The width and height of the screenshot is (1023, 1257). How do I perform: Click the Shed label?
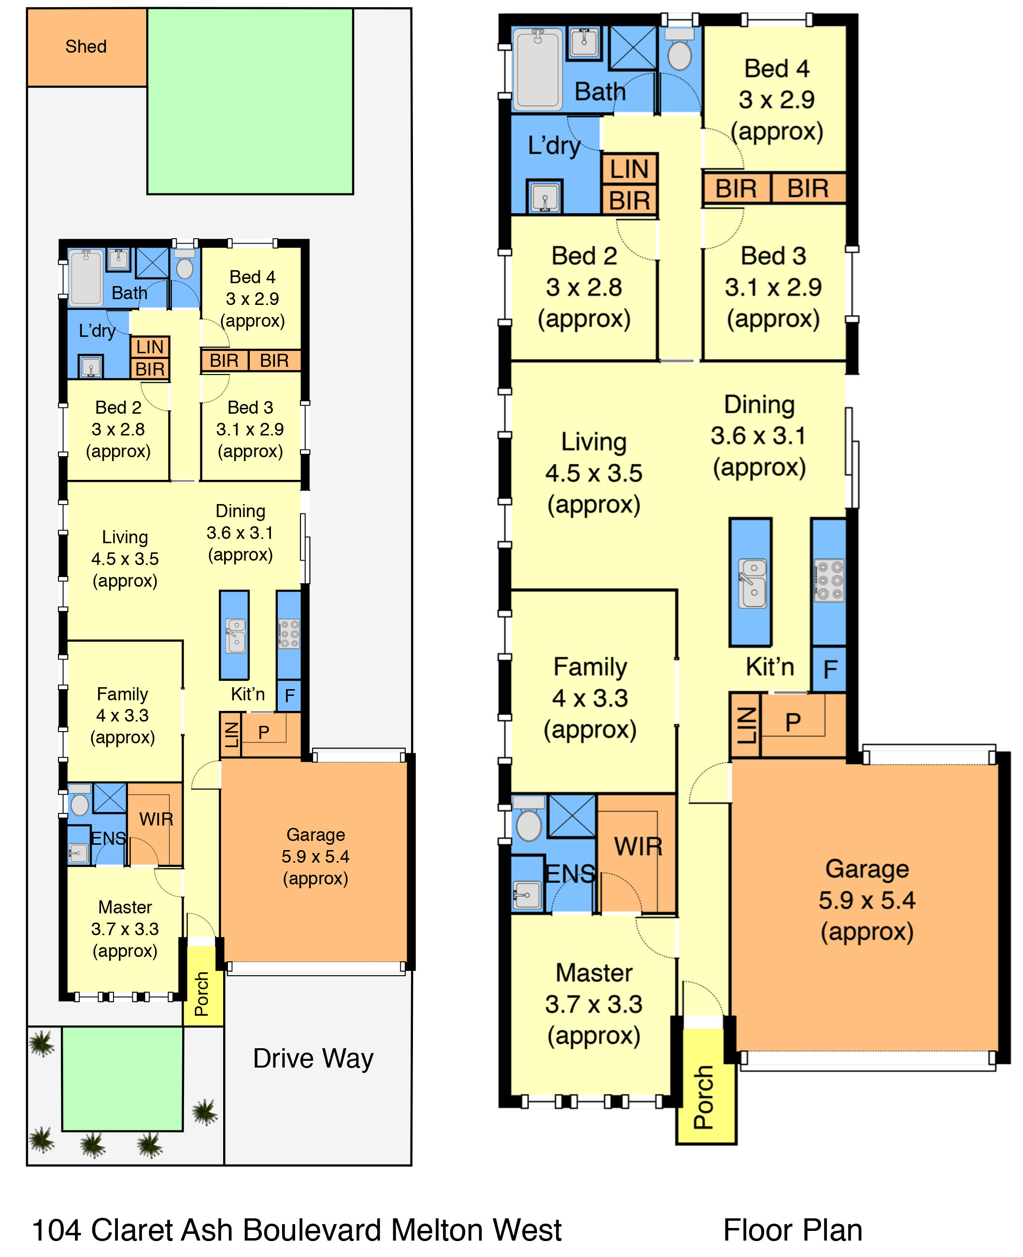tap(86, 46)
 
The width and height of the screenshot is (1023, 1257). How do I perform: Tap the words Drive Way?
tap(313, 1058)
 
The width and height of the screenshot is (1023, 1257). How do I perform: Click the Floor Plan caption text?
tap(793, 1230)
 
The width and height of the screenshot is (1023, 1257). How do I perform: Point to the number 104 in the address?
tap(56, 1230)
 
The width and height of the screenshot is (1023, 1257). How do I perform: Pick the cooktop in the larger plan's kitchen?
tap(829, 580)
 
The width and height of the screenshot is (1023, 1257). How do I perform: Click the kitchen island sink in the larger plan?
tap(753, 583)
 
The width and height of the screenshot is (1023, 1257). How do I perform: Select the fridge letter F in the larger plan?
tap(830, 670)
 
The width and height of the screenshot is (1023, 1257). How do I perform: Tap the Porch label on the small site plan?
tap(201, 994)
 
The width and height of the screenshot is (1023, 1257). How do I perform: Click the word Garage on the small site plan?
tap(315, 834)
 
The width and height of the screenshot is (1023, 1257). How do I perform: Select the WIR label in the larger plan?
tap(638, 847)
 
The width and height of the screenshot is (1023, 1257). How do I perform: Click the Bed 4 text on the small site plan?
tap(252, 277)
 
